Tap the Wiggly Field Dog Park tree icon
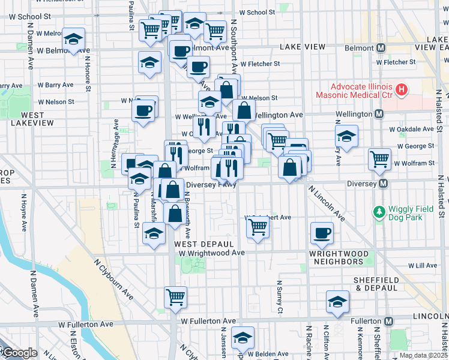pos(379,211)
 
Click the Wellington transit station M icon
pos(379,113)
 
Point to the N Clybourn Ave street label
pos(114,278)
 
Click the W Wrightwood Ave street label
pos(212,253)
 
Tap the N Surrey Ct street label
pos(280,298)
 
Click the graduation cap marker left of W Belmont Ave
pos(73,40)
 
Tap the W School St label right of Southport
pos(257,12)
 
